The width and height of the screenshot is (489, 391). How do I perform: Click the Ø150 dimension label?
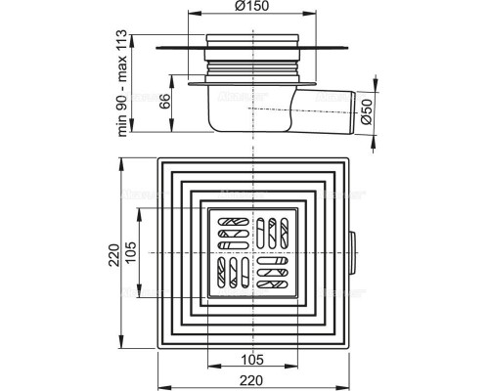point(251,6)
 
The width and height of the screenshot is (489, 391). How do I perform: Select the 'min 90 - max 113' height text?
point(121,83)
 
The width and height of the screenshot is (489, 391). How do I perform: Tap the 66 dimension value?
point(165,102)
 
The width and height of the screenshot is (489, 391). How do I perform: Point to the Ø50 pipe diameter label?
point(366,111)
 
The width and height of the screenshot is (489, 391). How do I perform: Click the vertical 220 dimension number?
point(114,255)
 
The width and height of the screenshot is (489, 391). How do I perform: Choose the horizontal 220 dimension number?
point(251,380)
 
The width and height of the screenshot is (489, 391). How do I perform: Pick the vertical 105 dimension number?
point(131,253)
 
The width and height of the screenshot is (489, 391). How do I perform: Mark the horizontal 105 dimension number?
point(252,360)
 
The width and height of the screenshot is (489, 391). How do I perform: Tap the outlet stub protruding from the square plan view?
point(352,253)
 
